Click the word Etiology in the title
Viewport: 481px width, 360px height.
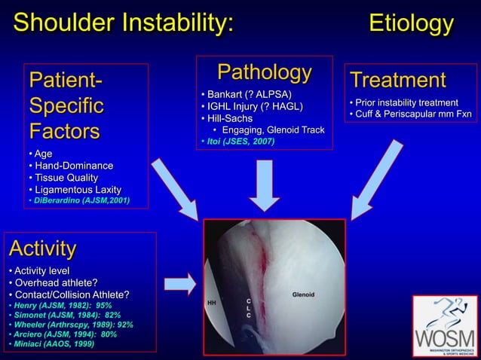pyautogui.click(x=410, y=23)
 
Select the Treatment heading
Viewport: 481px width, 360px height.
pyautogui.click(x=397, y=80)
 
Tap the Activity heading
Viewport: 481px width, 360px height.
pyautogui.click(x=43, y=248)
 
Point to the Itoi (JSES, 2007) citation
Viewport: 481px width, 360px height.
pyautogui.click(x=237, y=141)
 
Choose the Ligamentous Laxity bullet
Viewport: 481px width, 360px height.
pyautogui.click(x=74, y=188)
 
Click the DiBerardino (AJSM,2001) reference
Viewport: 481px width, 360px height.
pyautogui.click(x=78, y=200)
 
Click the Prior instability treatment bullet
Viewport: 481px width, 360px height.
pyautogui.click(x=403, y=102)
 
